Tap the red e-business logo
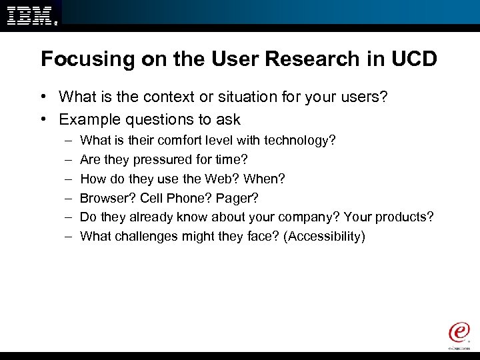pos(459,333)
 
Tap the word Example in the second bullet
pos(87,120)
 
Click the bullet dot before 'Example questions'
pos(43,120)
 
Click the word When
pos(264,179)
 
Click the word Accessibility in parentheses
pos(324,237)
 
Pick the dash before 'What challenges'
pos(69,237)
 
